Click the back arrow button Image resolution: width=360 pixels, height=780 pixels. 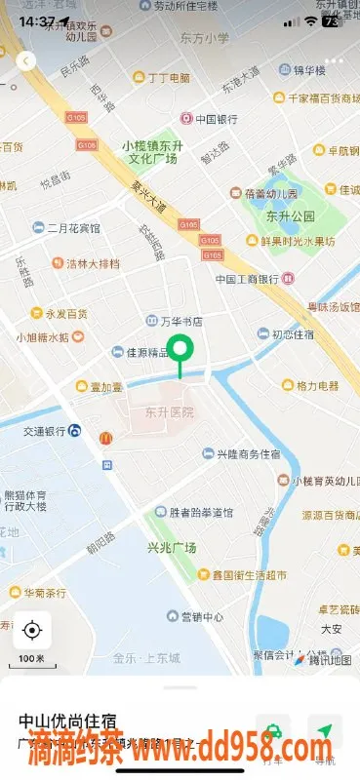point(26,60)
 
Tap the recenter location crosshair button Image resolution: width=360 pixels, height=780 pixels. point(31,630)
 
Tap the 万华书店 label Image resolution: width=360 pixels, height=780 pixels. point(180,321)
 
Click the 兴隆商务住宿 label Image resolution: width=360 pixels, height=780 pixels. point(248,454)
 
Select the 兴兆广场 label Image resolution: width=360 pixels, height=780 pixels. point(172,548)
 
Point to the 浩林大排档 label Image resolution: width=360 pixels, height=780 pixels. point(93,263)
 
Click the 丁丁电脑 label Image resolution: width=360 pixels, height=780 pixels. point(171,78)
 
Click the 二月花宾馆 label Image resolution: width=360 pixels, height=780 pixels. point(73,228)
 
